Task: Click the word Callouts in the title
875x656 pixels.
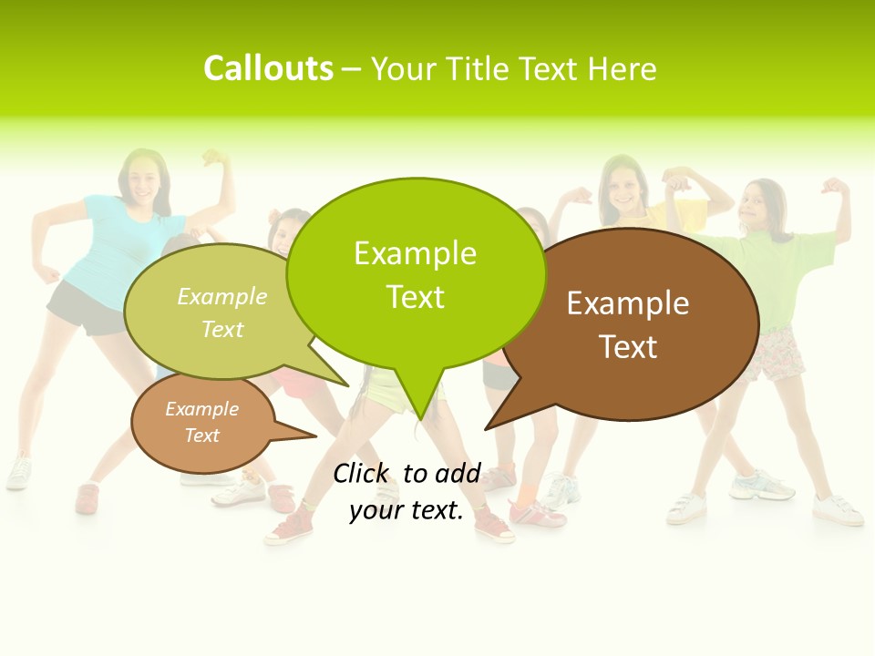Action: (268, 68)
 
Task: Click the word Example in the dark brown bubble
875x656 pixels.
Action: (628, 303)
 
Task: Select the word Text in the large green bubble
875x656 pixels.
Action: (416, 297)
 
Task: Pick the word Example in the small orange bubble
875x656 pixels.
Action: (201, 409)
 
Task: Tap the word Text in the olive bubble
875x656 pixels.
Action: (222, 329)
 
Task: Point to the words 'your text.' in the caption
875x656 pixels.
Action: (407, 511)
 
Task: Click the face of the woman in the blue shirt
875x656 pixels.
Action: (142, 179)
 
